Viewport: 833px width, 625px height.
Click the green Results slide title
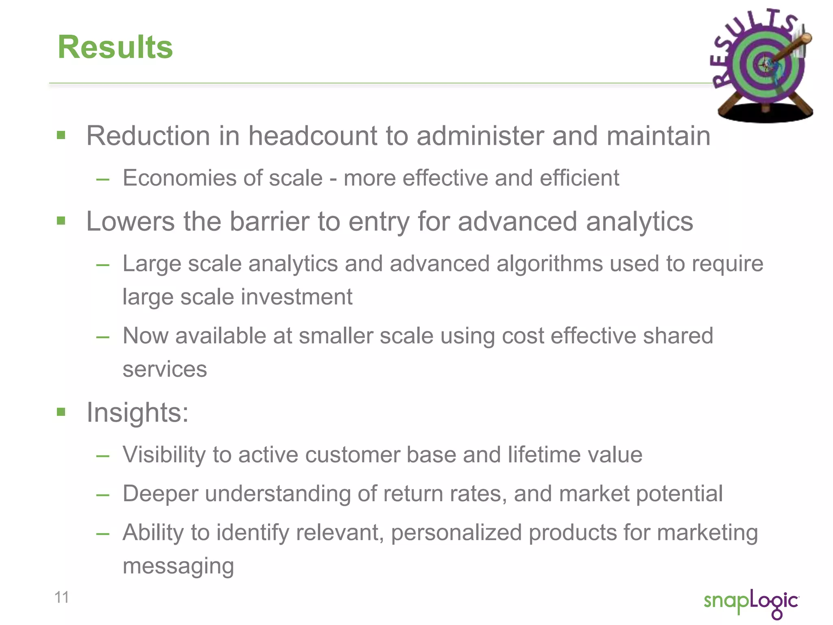(x=115, y=47)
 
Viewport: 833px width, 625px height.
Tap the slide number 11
(x=61, y=597)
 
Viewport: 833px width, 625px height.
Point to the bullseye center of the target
(x=765, y=64)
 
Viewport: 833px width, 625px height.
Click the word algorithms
(x=549, y=264)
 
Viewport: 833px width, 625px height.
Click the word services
(x=165, y=369)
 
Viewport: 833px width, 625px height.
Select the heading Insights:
(x=137, y=413)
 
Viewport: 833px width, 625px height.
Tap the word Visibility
(x=164, y=455)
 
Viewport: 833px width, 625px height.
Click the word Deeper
(x=160, y=494)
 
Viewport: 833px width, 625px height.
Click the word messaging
(x=178, y=566)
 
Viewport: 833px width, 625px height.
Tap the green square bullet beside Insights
(x=61, y=412)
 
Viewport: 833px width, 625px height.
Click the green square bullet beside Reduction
(x=61, y=135)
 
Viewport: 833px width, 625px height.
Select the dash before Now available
(x=103, y=337)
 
